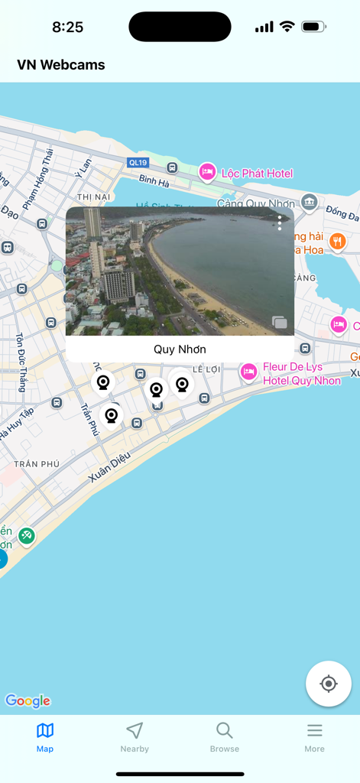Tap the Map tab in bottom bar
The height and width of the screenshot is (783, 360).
tap(45, 738)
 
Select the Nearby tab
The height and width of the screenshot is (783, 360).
tap(135, 738)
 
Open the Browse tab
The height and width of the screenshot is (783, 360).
tap(225, 738)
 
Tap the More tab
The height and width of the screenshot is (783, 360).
tap(314, 738)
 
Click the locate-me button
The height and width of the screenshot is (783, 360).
tap(329, 684)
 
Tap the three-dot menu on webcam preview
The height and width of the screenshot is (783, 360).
tap(280, 223)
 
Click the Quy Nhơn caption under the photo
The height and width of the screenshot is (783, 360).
tap(180, 349)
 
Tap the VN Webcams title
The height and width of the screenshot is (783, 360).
tap(61, 65)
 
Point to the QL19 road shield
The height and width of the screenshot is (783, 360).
tap(138, 162)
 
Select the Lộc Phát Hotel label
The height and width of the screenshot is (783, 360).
tap(257, 174)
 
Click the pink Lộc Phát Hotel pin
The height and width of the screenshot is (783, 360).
tap(206, 172)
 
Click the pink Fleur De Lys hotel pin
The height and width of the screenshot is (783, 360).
tap(248, 372)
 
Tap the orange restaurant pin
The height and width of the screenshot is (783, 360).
tap(337, 242)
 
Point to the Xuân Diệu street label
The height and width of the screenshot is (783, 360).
tap(109, 466)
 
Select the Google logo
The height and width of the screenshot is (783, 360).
tap(28, 700)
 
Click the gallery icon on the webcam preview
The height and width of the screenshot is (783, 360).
tap(280, 323)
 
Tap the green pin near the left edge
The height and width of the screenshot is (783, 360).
tap(27, 537)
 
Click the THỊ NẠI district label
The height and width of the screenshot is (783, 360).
tap(94, 197)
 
